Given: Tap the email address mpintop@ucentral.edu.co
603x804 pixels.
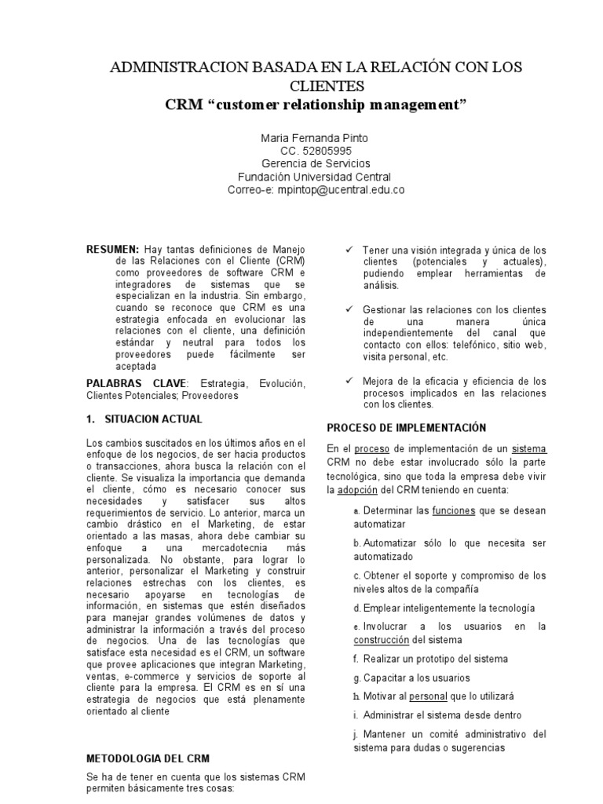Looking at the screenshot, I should tap(340, 190).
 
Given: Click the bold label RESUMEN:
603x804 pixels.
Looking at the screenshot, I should tap(113, 249).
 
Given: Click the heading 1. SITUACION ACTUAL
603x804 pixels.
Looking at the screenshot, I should tap(144, 418).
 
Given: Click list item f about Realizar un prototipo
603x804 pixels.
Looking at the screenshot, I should tap(430, 659).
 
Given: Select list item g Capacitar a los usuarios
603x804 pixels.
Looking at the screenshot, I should tap(411, 678).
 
